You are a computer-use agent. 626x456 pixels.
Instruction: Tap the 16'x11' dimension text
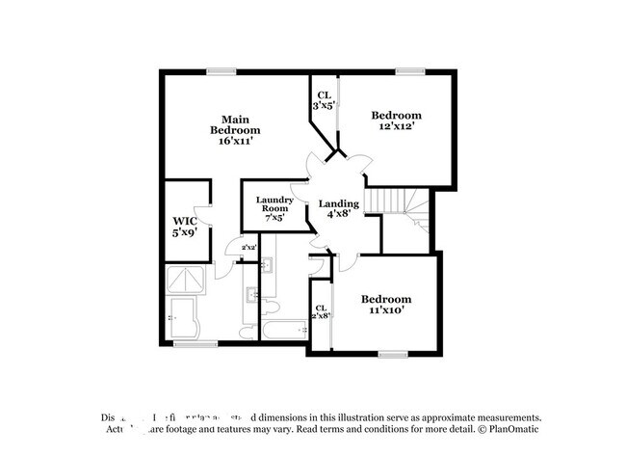pos(235,140)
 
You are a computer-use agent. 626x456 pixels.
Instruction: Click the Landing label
pos(339,204)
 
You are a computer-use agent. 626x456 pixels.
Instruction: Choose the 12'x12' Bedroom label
pos(396,121)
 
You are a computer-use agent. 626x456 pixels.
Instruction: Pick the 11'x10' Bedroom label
pos(386,305)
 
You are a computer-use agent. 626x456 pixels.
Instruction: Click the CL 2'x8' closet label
pos(320,311)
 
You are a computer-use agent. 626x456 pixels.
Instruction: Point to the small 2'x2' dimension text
pos(248,248)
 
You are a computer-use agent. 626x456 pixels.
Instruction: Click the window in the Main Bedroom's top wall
pos(222,70)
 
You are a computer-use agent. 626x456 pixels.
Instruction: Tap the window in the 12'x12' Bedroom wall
pos(410,70)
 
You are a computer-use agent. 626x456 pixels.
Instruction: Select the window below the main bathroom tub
pos(196,343)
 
